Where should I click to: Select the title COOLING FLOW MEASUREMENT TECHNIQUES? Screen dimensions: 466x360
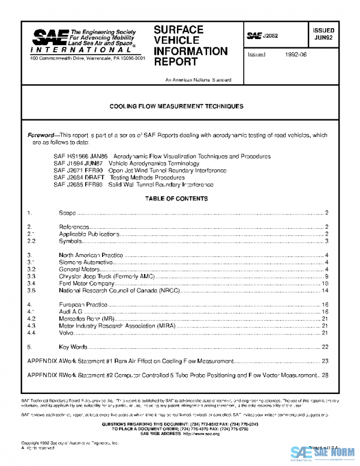[x=176, y=106]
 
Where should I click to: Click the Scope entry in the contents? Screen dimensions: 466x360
[x=67, y=213]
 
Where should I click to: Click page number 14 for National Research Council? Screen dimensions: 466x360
[x=325, y=290]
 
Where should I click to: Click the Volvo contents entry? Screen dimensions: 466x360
[x=67, y=332]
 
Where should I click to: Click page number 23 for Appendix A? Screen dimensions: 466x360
[x=325, y=361]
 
